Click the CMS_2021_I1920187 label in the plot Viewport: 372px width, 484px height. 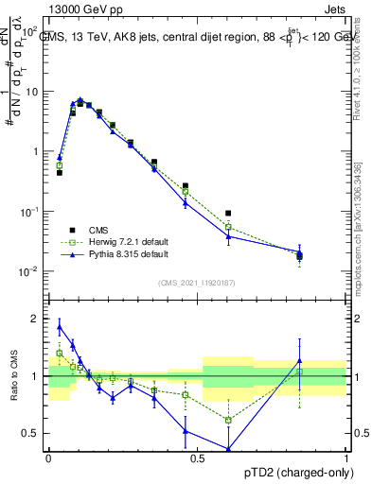pyautogui.click(x=196, y=283)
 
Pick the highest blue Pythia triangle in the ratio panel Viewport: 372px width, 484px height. pyautogui.click(x=60, y=327)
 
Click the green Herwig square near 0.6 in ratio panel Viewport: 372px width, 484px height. pyautogui.click(x=228, y=420)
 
